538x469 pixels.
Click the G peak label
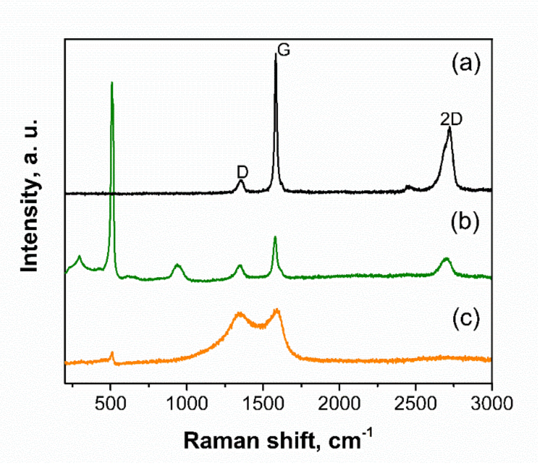[x=284, y=50]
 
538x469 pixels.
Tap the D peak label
[x=242, y=172]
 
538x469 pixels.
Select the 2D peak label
[x=451, y=119]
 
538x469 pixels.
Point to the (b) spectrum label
[x=465, y=221]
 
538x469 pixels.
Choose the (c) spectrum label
[x=466, y=319]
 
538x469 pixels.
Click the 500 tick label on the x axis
[x=110, y=403]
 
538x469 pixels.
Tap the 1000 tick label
[x=187, y=403]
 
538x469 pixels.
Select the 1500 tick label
[x=263, y=403]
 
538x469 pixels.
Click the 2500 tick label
[x=415, y=403]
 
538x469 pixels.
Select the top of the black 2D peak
[x=450, y=128]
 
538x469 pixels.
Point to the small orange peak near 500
[x=112, y=353]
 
